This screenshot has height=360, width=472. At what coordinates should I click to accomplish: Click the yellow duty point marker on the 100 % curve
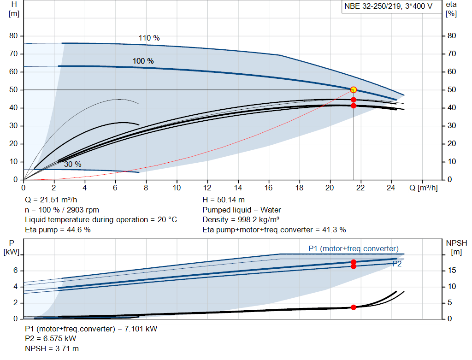354,90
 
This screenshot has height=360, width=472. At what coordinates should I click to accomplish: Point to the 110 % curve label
149,38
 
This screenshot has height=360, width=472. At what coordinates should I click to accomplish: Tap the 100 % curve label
143,61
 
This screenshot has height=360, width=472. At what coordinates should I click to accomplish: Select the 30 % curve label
72,165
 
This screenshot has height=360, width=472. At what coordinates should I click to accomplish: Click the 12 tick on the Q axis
207,188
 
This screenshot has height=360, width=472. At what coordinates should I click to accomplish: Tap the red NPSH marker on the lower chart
354,307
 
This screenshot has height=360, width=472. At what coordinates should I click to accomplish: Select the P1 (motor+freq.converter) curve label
353,249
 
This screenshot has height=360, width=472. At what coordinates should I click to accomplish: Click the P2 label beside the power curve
397,264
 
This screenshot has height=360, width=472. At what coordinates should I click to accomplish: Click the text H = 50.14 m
224,200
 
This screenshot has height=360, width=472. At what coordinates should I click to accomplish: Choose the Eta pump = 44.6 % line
58,230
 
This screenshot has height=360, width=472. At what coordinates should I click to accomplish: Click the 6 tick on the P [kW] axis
15,271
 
